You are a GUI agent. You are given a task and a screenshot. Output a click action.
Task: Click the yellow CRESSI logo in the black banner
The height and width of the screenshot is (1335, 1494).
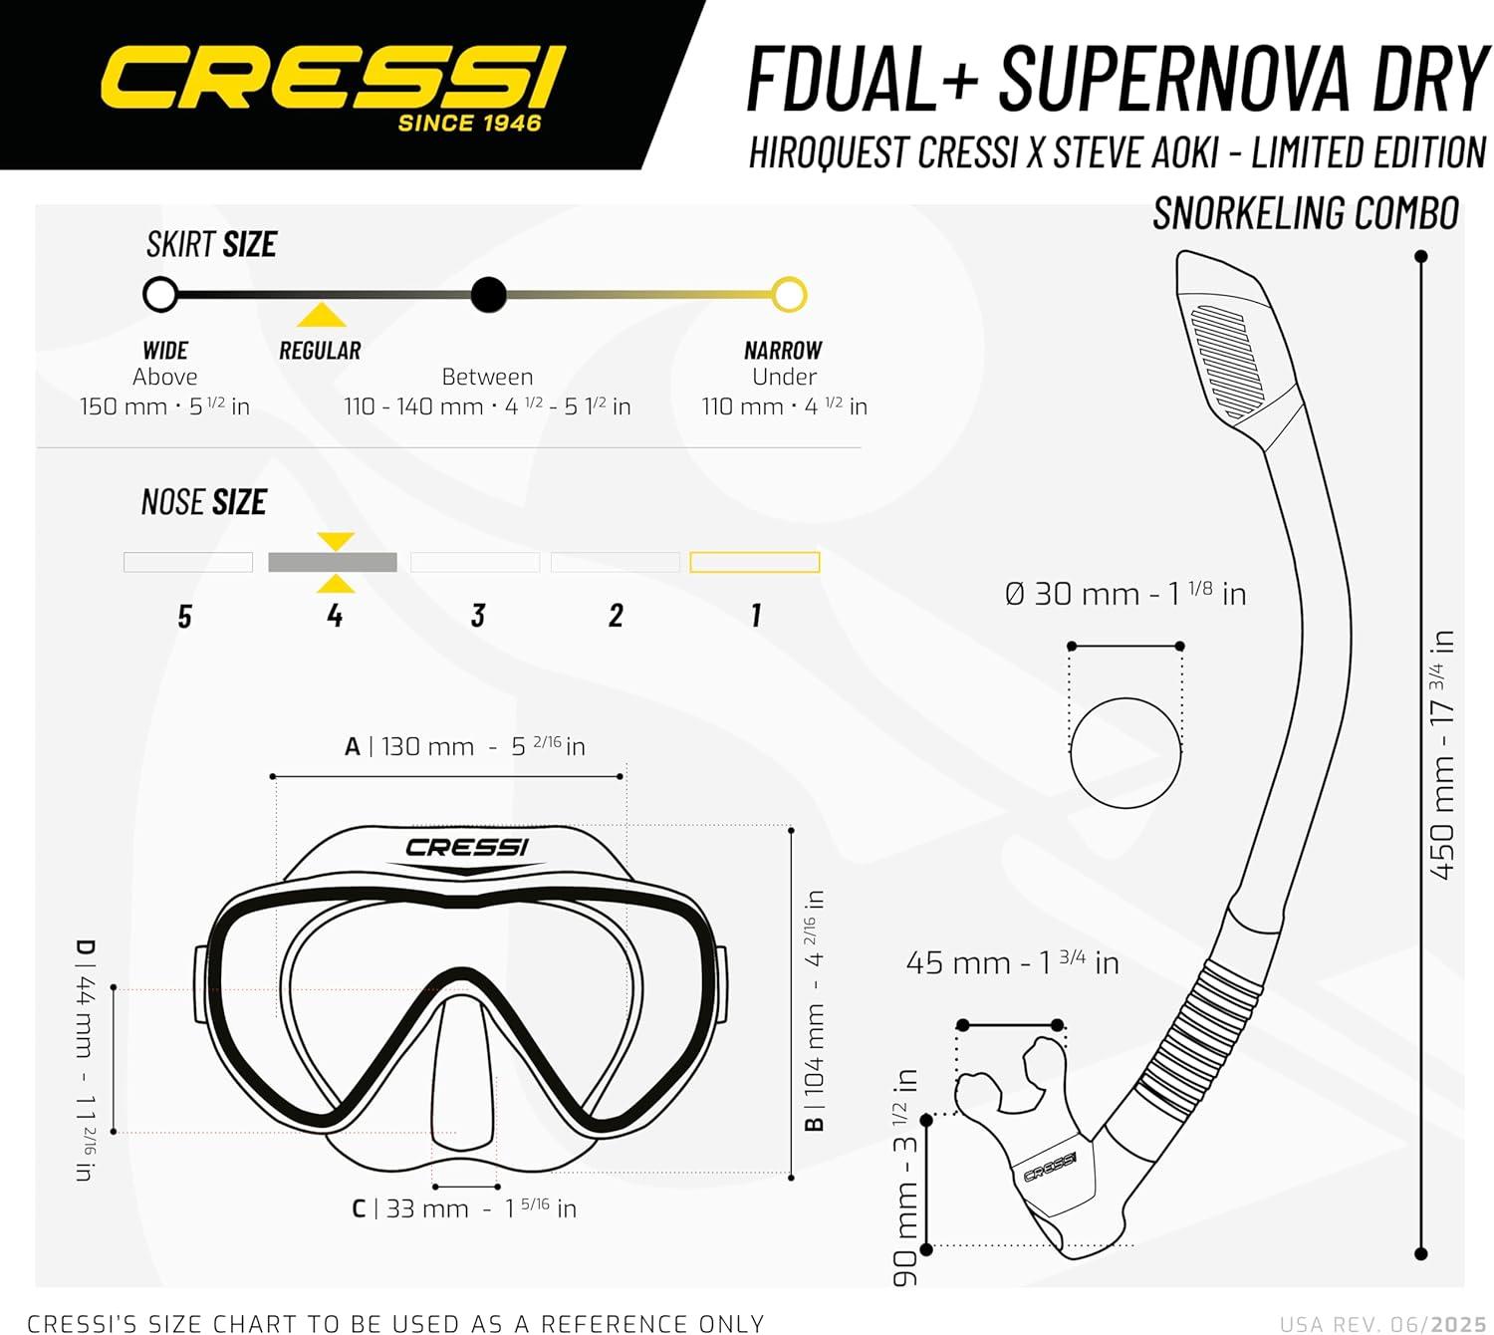tap(334, 78)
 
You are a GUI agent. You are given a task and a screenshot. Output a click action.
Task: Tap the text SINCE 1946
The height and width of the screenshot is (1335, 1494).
tap(470, 123)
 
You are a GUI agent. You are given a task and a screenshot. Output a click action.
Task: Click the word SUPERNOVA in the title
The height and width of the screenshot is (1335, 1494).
tap(1174, 78)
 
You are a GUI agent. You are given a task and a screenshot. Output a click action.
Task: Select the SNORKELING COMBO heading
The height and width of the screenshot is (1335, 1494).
tap(1306, 213)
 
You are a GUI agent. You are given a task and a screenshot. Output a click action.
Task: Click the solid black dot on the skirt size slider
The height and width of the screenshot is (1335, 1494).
tap(488, 295)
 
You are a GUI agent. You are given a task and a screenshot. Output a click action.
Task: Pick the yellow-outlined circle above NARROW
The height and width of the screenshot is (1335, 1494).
tap(789, 295)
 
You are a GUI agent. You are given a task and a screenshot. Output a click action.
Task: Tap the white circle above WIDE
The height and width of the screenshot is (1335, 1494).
tap(160, 295)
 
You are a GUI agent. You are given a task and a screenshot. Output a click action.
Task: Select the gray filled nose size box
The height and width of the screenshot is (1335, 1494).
tap(333, 562)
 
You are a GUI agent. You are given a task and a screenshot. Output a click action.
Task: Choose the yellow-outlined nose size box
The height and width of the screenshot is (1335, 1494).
tap(754, 562)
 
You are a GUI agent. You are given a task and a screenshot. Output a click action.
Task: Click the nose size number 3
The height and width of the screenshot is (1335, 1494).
tap(478, 615)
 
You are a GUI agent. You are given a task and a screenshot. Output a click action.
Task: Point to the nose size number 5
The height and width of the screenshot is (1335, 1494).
tap(184, 616)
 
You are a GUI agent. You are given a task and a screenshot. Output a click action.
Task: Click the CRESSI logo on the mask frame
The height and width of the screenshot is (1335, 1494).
tap(467, 848)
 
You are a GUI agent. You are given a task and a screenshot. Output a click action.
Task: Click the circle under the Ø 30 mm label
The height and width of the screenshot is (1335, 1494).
tap(1125, 697)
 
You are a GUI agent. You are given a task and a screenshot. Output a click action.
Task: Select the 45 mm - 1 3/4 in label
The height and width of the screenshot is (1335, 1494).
tap(1013, 963)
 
